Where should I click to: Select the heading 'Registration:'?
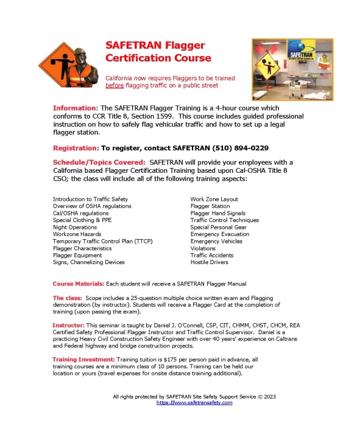pos(76,148)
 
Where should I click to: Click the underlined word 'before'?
pos(115,86)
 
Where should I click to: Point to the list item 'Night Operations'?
pos(75,226)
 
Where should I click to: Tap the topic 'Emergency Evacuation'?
pos(219,234)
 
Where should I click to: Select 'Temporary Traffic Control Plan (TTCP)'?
pos(102,241)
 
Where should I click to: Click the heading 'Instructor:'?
pos(70,326)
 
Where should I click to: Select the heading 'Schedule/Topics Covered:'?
pos(99,162)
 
